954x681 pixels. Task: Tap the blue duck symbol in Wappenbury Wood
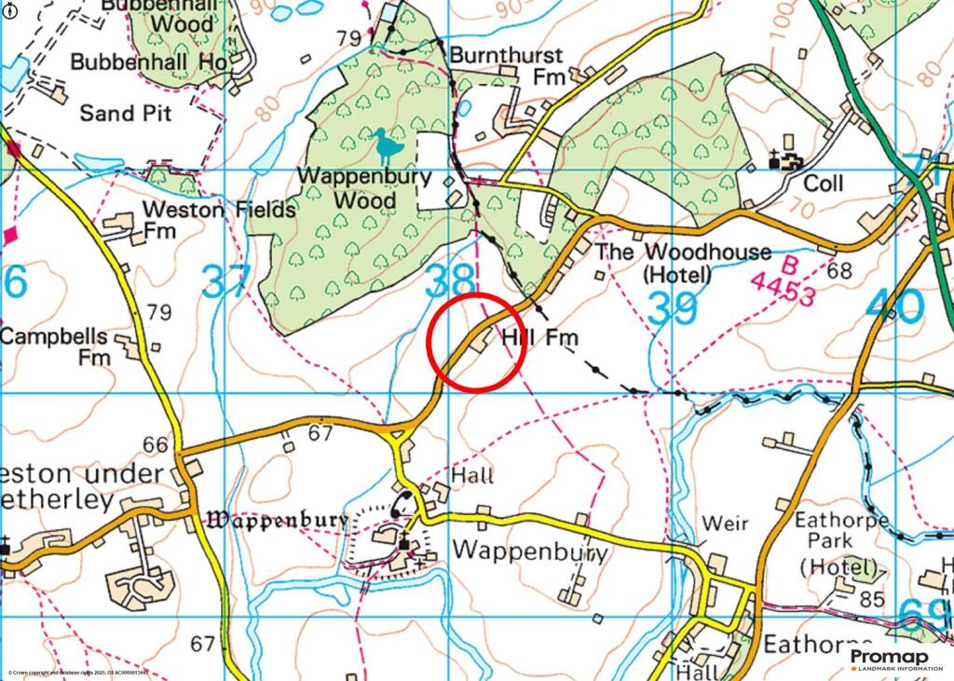(x=384, y=144)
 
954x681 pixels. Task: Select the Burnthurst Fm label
(x=509, y=65)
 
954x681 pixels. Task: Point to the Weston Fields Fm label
(x=218, y=219)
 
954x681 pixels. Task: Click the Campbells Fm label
(x=54, y=346)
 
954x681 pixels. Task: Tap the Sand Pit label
(x=125, y=113)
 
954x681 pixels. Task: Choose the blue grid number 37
(x=227, y=281)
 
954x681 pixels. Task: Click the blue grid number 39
(x=672, y=308)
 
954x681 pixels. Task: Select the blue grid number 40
(x=894, y=306)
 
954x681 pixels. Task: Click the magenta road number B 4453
(x=783, y=285)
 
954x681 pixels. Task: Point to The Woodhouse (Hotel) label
(x=683, y=263)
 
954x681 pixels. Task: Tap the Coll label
(x=823, y=184)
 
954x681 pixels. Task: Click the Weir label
(x=725, y=524)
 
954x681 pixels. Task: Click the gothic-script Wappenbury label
(x=278, y=520)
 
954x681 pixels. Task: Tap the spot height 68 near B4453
(x=838, y=271)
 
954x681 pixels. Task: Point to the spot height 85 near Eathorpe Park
(x=872, y=599)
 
